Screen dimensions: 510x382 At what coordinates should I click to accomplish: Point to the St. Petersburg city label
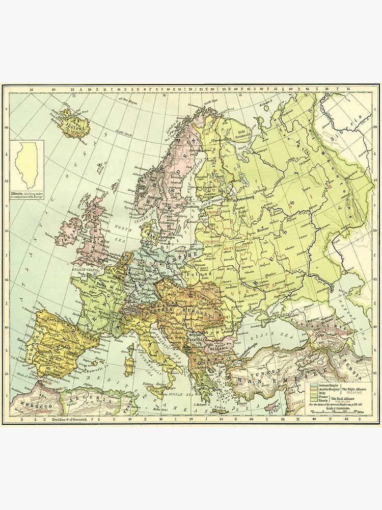(x=243, y=200)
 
